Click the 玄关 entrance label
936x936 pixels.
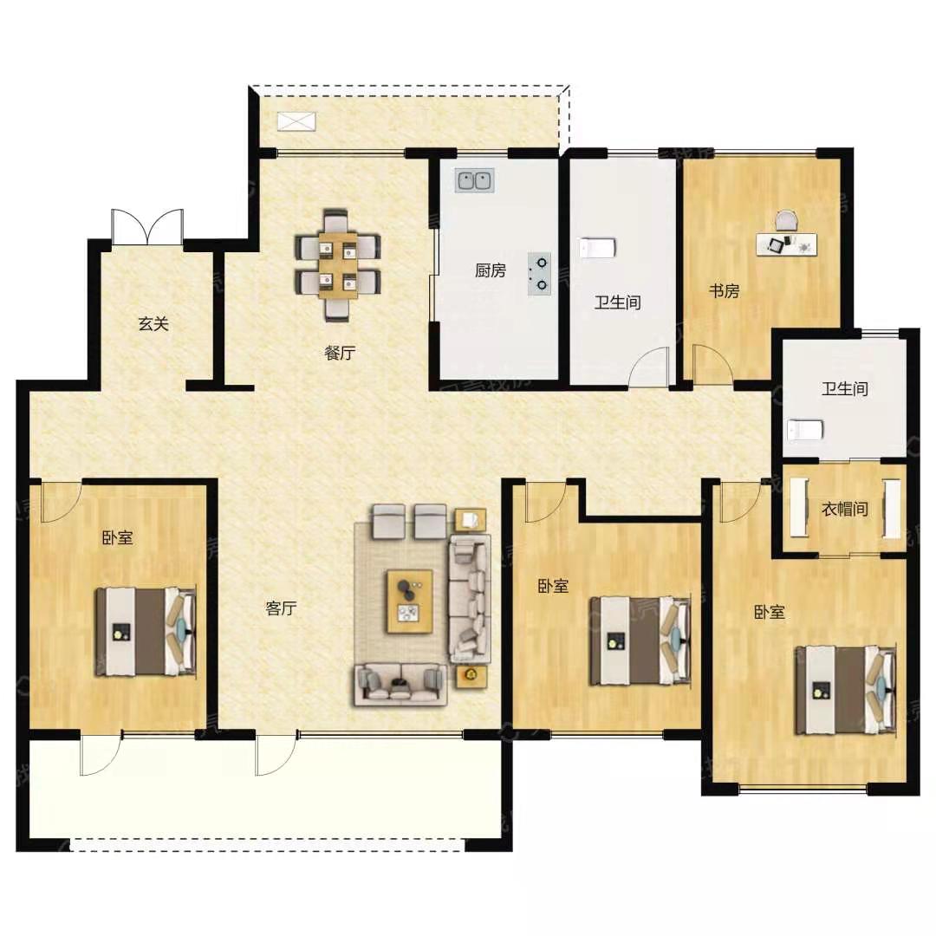[153, 324]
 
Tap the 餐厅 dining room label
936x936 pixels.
[340, 353]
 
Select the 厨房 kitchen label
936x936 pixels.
[490, 270]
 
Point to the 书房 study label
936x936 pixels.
[724, 291]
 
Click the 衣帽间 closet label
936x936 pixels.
[845, 510]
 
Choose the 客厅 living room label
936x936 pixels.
[281, 608]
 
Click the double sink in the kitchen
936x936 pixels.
[475, 180]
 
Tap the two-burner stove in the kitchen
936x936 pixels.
[539, 274]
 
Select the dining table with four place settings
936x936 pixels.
[338, 265]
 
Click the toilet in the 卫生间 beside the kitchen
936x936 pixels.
[597, 248]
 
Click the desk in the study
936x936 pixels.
[786, 244]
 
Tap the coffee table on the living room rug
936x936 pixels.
[409, 601]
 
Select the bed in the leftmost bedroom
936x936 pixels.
[146, 632]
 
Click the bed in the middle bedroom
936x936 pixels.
[640, 640]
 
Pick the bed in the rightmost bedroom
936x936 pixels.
[845, 691]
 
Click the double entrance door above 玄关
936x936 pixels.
[147, 227]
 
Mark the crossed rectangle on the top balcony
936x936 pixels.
[296, 121]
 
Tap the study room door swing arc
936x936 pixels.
[712, 363]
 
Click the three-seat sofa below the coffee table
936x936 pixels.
[400, 684]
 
